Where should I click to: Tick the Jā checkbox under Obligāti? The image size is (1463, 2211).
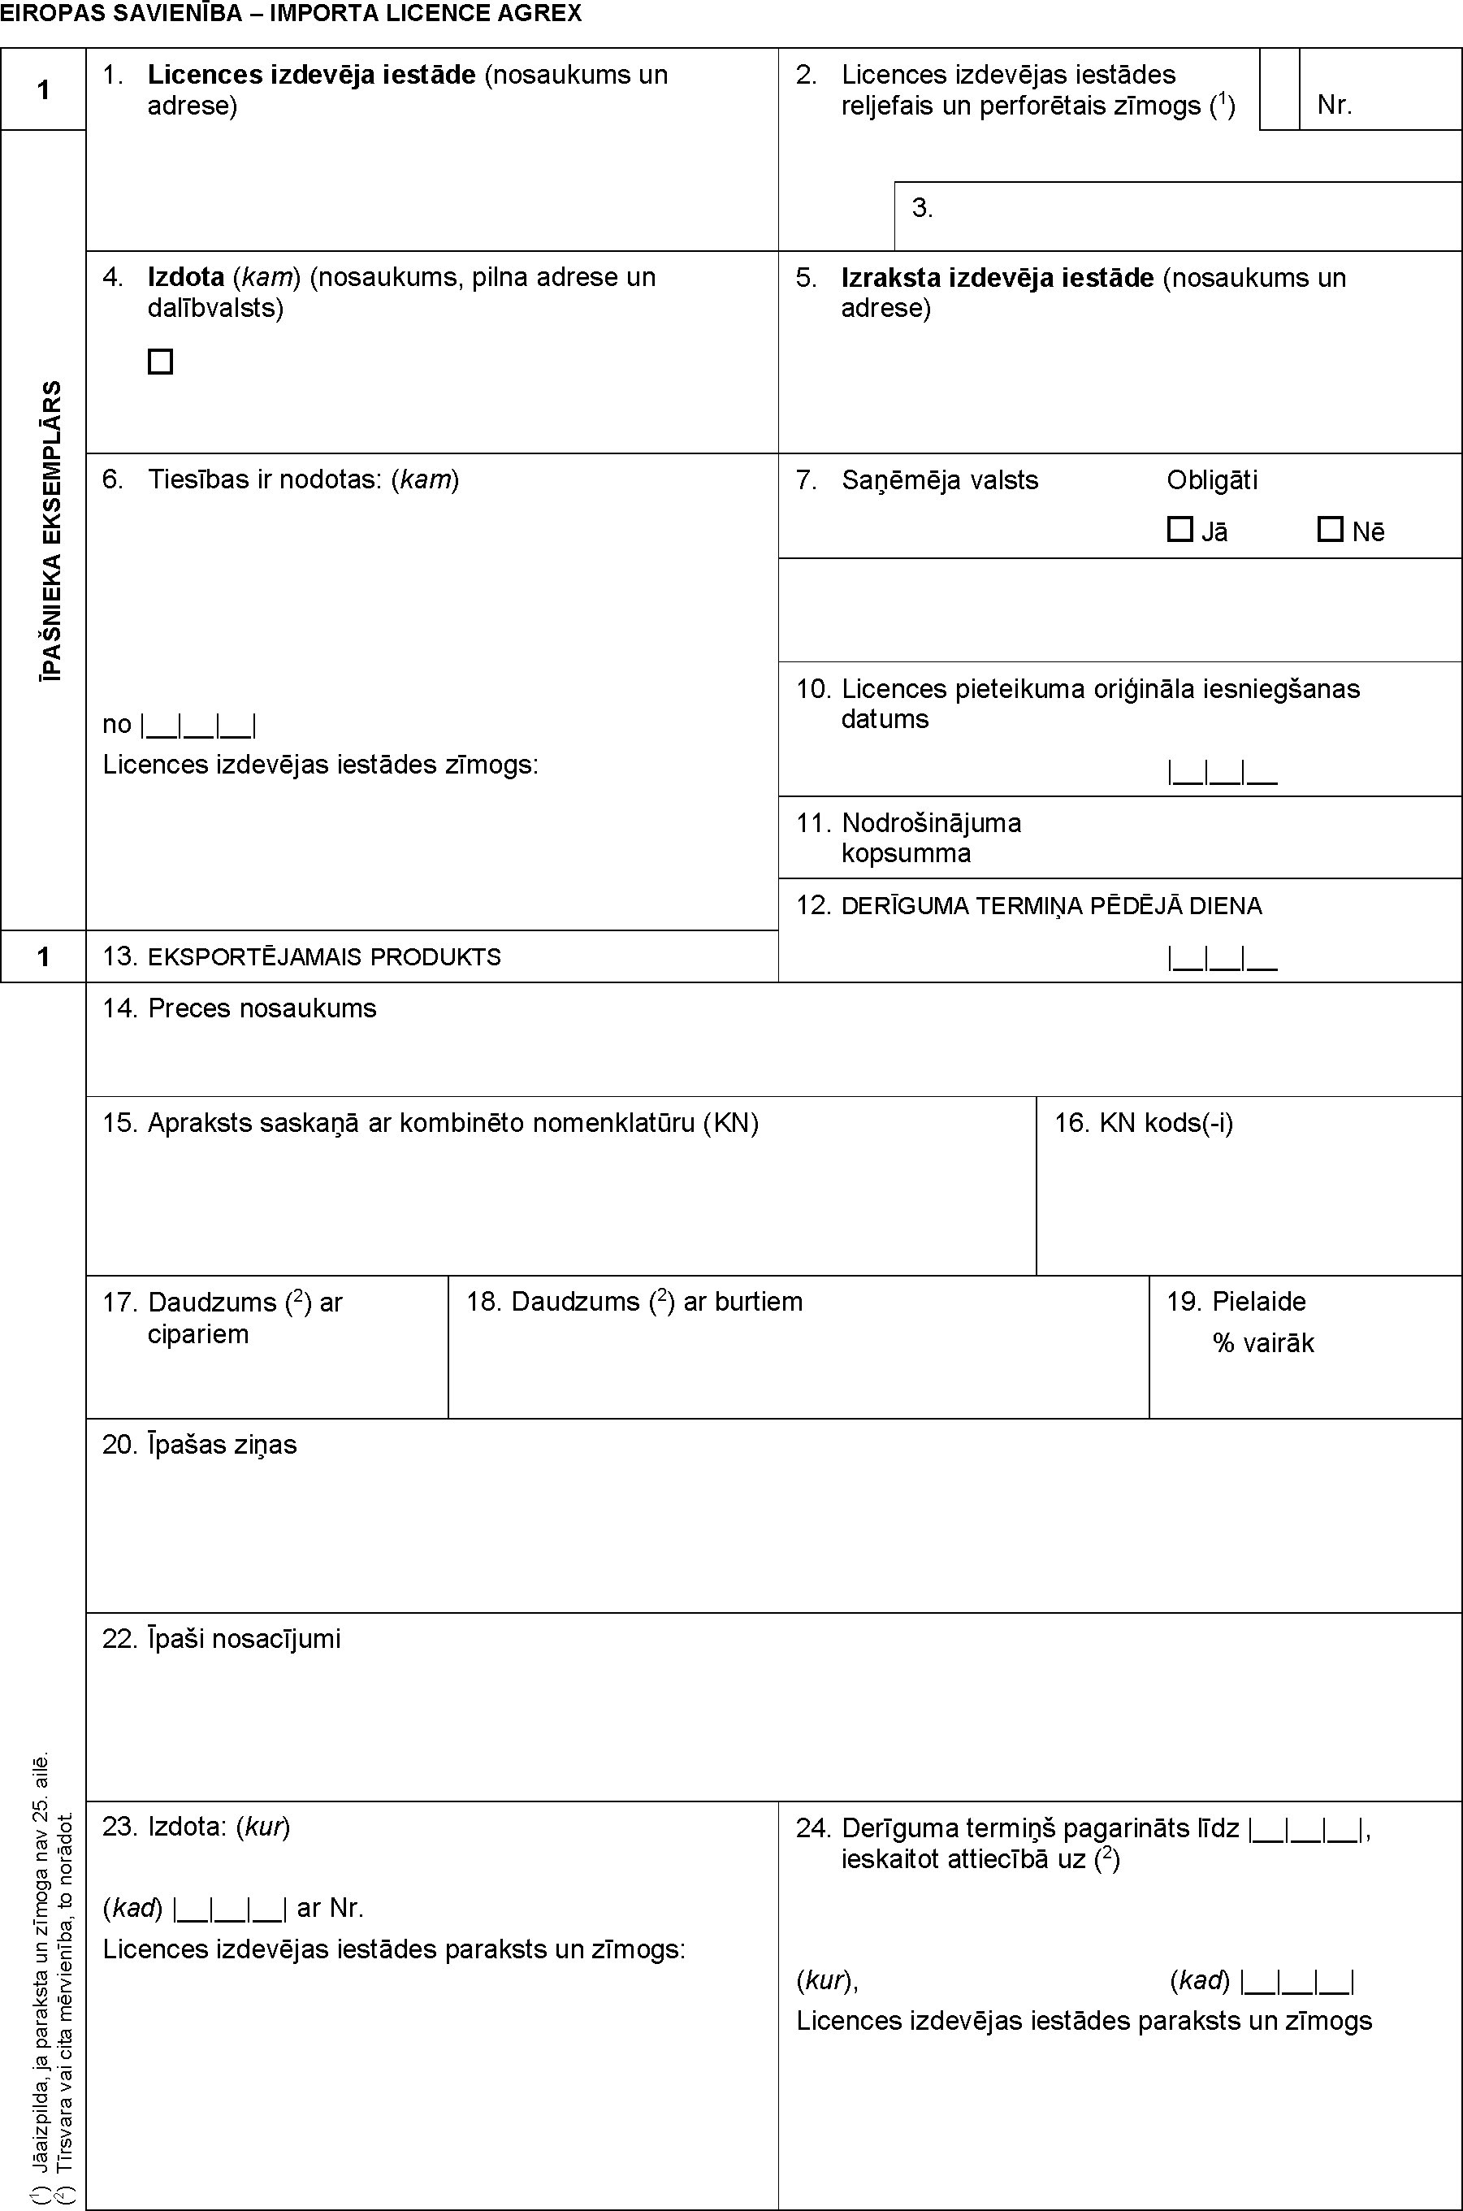click(1179, 529)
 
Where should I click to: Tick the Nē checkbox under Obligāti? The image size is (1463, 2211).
click(1330, 529)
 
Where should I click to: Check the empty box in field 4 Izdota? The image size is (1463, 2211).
click(161, 362)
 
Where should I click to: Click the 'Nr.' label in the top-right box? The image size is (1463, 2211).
click(1334, 105)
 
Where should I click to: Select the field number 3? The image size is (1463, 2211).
click(922, 207)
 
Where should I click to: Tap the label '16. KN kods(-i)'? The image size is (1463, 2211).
click(1144, 1122)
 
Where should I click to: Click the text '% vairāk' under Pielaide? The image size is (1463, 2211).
click(1262, 1343)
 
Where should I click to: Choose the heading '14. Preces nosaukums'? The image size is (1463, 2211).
click(240, 1008)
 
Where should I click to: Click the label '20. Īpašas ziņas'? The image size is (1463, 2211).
click(200, 1444)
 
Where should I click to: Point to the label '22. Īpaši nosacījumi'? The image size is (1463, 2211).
click(222, 1639)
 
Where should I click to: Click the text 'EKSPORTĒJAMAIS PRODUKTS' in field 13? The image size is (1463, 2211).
click(324, 956)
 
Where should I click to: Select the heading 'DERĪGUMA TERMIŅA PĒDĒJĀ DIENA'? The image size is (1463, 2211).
click(1050, 905)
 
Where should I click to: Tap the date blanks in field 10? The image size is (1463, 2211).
click(1223, 772)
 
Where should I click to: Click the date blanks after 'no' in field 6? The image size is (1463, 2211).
click(199, 724)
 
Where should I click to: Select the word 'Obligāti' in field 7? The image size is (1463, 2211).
click(1212, 479)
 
